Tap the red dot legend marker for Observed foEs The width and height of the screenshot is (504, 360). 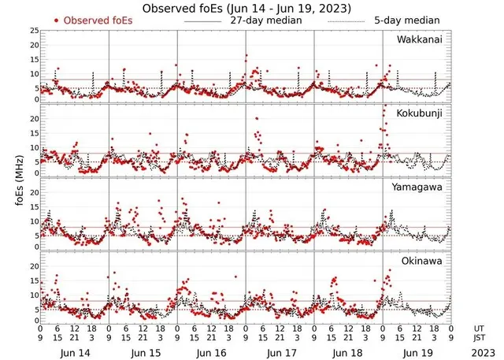click(57, 20)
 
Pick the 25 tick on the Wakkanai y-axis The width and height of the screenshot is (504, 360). click(32, 31)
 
